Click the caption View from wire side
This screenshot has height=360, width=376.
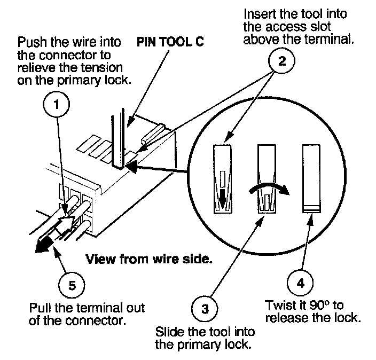pos(150,260)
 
